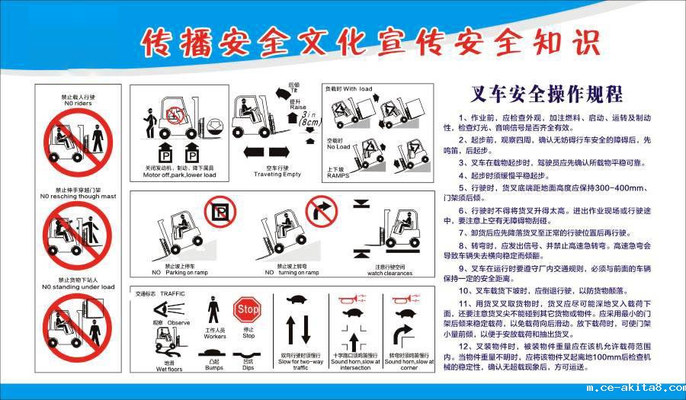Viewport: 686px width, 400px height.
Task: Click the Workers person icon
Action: (x=214, y=314)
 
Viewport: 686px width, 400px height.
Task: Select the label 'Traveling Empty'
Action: (x=277, y=174)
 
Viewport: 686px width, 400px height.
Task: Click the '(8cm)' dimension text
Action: (x=310, y=122)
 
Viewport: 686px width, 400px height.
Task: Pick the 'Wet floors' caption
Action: (x=169, y=368)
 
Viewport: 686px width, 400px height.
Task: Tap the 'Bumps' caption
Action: (x=214, y=368)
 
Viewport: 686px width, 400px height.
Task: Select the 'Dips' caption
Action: (x=248, y=368)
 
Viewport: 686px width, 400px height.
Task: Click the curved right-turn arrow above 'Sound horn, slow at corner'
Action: (x=402, y=335)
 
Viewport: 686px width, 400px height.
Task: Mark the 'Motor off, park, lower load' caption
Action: (x=179, y=174)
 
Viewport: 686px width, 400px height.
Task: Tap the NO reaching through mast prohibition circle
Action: (x=78, y=231)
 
